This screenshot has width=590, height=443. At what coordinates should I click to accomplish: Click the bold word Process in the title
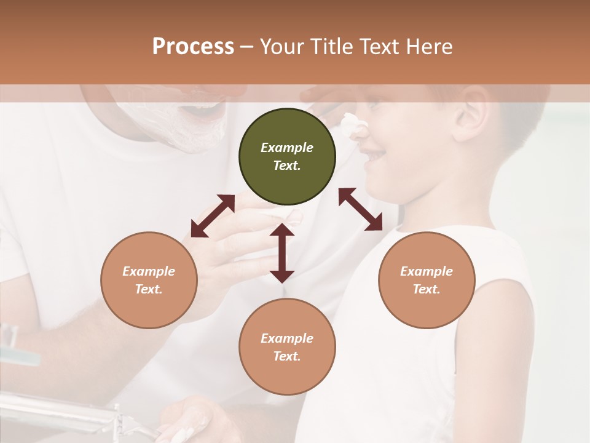tap(193, 47)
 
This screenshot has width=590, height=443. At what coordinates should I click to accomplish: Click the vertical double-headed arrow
tap(282, 253)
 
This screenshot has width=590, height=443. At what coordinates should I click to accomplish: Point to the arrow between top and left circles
tap(213, 216)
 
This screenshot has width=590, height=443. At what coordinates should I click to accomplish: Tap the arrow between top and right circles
tap(360, 209)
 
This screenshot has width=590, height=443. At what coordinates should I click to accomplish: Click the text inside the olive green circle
tap(287, 156)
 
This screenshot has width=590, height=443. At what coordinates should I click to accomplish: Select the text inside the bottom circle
tap(287, 347)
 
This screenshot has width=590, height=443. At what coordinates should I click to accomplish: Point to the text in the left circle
tap(149, 280)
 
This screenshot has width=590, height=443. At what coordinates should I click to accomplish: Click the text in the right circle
tap(427, 280)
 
